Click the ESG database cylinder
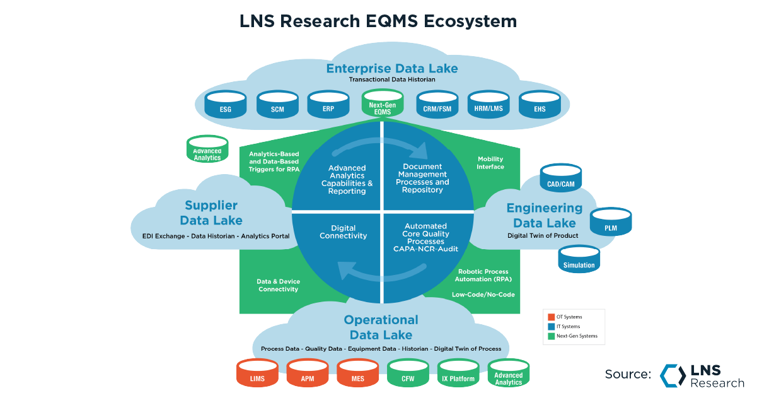(226, 105)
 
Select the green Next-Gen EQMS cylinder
(382, 103)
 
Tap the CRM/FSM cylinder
(437, 105)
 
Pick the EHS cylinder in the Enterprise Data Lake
(539, 105)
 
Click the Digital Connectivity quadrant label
(343, 232)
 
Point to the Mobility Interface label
(490, 163)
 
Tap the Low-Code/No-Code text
(483, 295)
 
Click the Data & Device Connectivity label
(277, 285)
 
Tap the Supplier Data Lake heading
(211, 213)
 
